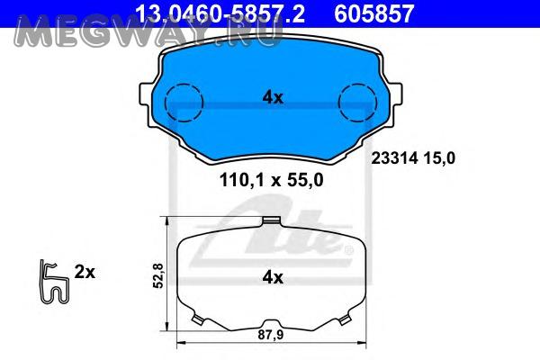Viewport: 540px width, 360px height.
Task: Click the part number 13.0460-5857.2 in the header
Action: click(220, 13)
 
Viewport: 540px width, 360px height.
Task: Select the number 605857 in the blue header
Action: click(374, 13)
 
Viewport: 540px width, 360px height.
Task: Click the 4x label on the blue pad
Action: click(273, 98)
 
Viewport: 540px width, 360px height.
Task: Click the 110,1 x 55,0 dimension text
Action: click(272, 180)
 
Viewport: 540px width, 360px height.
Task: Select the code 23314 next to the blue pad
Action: click(395, 158)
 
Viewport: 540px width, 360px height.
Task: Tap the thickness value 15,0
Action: click(439, 158)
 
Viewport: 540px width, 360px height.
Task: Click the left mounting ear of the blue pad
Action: click(146, 94)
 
